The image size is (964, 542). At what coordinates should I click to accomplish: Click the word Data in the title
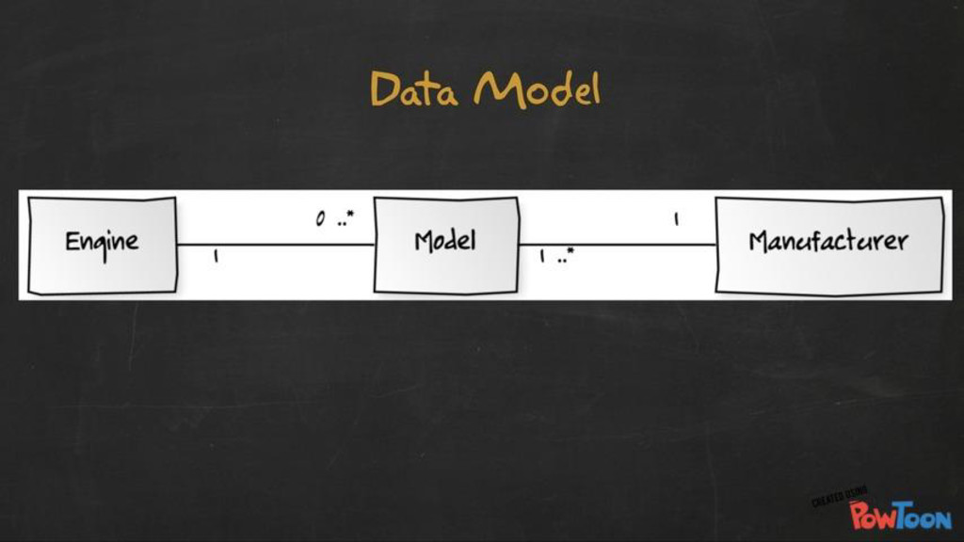point(413,89)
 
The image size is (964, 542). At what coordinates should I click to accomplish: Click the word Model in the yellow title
point(538,89)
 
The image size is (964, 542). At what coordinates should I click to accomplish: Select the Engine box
point(102,245)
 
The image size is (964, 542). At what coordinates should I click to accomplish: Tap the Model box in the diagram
point(445,245)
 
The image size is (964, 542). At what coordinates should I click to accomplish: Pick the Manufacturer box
point(828,245)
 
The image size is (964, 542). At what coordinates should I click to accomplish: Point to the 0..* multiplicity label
point(334,220)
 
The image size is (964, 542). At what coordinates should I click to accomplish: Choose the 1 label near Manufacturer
point(675,220)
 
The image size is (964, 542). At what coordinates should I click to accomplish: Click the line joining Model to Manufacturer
point(617,245)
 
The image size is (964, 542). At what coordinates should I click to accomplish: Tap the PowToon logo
point(900,515)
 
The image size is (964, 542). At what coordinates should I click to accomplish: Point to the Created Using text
point(838,496)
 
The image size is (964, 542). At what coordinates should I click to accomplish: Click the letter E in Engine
point(72,241)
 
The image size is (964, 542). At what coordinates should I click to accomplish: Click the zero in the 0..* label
point(320,220)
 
